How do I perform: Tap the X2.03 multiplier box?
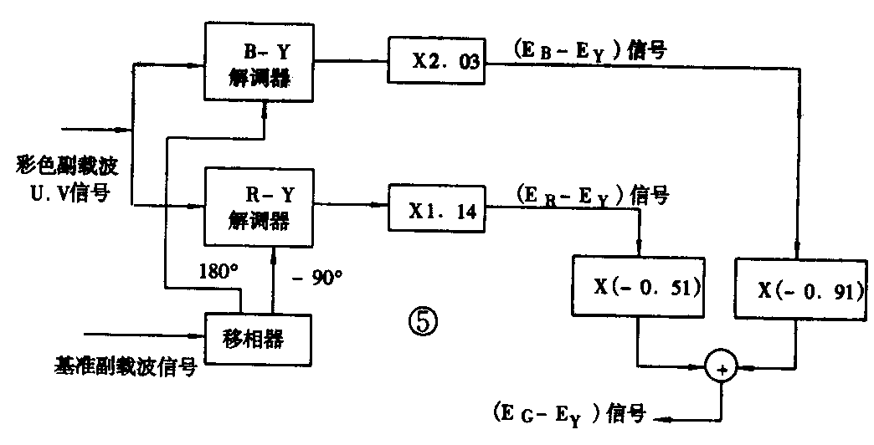[436, 61]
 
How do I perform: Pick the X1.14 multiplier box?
[436, 210]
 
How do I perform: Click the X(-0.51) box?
[637, 286]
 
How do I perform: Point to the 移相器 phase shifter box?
[257, 339]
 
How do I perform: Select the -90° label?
[318, 278]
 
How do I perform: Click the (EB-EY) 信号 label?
[591, 51]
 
